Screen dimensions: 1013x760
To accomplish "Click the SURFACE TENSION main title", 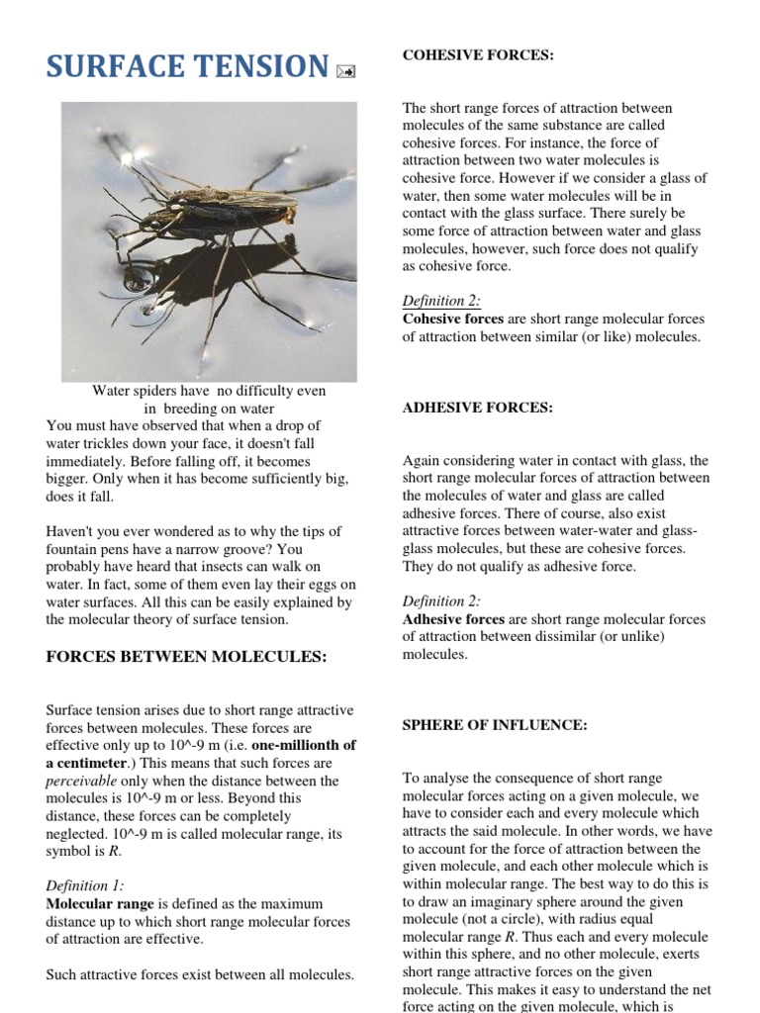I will coord(187,66).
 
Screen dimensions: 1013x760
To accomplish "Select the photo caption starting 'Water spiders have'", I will coord(209,399).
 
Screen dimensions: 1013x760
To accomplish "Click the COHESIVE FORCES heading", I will coord(478,55).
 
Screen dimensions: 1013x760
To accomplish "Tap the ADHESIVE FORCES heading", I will coord(477,408).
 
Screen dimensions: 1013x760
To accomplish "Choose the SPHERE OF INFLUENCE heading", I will coord(495,725).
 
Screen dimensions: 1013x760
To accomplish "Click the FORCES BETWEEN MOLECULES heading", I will coord(186,658).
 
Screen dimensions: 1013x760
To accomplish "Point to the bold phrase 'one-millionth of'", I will coord(304,745).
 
